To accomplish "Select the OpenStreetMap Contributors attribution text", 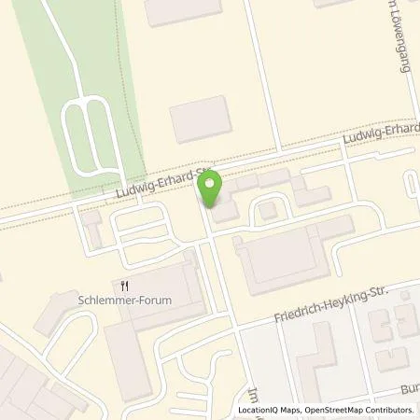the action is pyautogui.click(x=358, y=411).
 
